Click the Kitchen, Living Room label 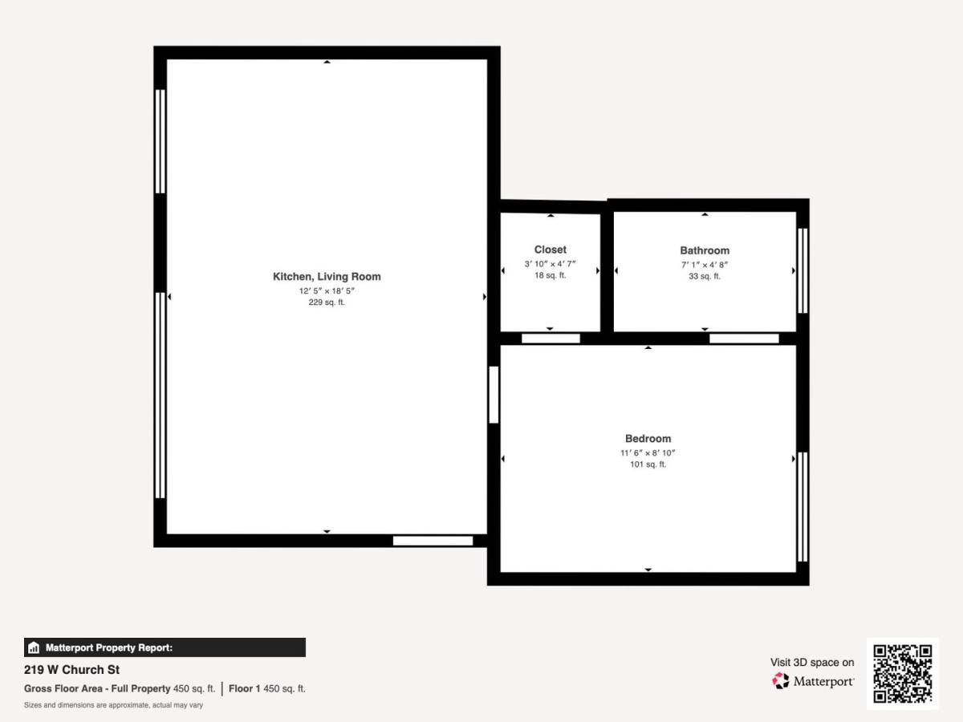point(327,277)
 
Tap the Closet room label point(551,249)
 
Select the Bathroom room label point(705,250)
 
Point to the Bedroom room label point(648,438)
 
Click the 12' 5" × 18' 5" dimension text point(327,290)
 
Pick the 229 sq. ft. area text point(327,302)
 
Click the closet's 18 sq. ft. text point(551,275)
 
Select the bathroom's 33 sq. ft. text point(705,276)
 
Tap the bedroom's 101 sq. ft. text point(648,464)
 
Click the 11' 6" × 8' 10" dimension point(648,452)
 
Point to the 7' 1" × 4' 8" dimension point(705,265)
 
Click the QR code point(903,674)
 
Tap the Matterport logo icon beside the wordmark point(781,681)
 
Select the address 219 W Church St point(71,670)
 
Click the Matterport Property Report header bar point(165,647)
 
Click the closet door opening point(551,339)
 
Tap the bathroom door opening point(744,339)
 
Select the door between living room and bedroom point(494,395)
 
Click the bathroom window point(802,270)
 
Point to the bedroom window point(802,507)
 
